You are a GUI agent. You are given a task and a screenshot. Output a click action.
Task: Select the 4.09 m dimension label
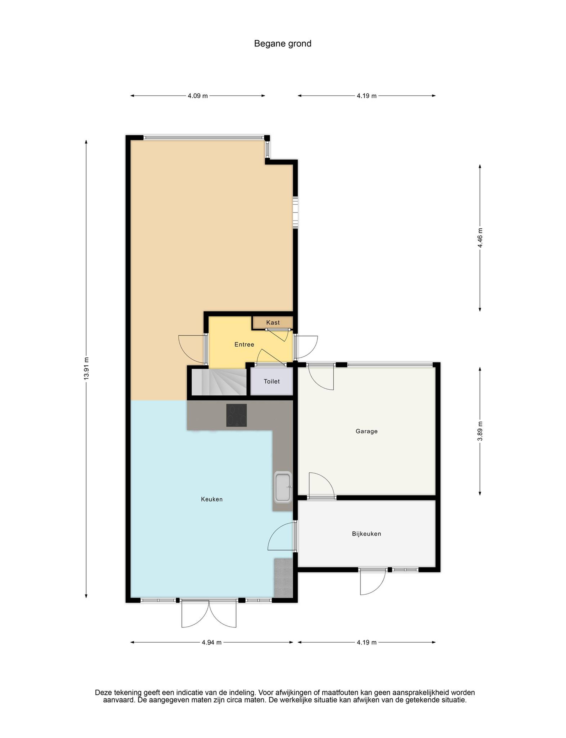198,96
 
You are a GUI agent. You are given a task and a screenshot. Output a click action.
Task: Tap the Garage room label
367,431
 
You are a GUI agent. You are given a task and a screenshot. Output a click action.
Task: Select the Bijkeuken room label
367,534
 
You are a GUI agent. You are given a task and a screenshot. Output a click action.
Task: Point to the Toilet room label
272,381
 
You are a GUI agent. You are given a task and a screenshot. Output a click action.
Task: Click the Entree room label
244,344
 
